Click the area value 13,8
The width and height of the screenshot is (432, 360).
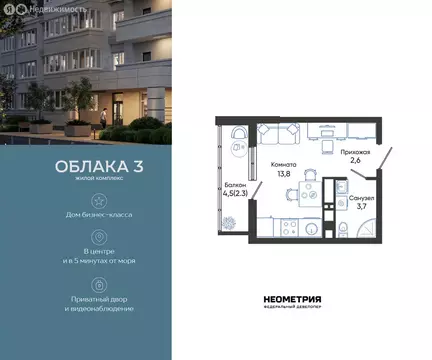(x=284, y=174)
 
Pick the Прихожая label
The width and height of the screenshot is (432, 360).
(x=355, y=153)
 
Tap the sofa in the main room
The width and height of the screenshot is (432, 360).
(x=278, y=133)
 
